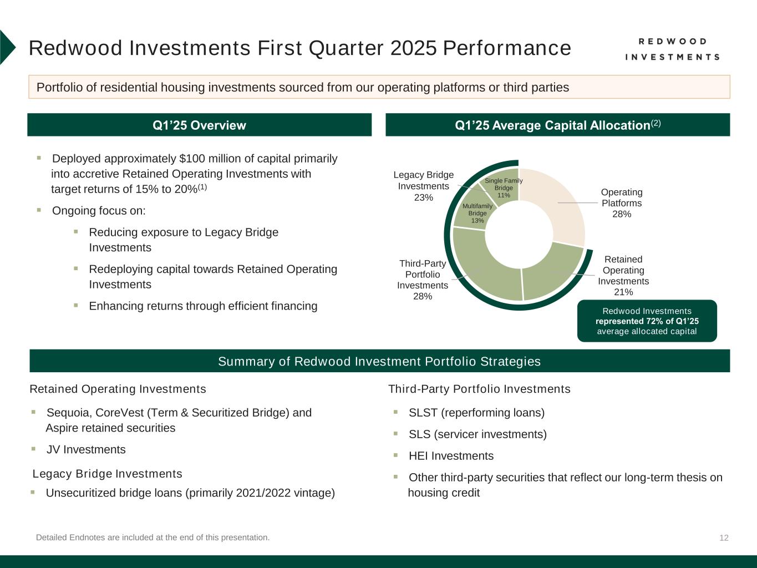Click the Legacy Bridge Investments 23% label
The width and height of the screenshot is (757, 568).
[424, 186]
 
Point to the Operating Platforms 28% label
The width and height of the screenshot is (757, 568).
[622, 203]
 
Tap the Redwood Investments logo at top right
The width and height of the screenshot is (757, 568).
[672, 49]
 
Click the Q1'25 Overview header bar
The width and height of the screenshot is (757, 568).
[199, 125]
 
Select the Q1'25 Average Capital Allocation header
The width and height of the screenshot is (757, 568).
[557, 125]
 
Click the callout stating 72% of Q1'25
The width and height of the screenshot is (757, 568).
[647, 321]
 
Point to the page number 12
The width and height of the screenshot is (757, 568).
[724, 537]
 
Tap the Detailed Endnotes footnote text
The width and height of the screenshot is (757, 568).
[153, 537]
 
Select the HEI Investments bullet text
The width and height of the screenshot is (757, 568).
[451, 456]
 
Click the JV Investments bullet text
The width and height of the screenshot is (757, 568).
[86, 449]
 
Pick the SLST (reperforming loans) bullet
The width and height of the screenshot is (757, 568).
[476, 413]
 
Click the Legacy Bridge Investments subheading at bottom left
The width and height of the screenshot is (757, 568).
[108, 474]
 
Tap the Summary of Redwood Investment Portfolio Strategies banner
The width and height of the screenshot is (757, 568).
[379, 361]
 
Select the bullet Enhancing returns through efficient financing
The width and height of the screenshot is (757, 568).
[203, 306]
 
